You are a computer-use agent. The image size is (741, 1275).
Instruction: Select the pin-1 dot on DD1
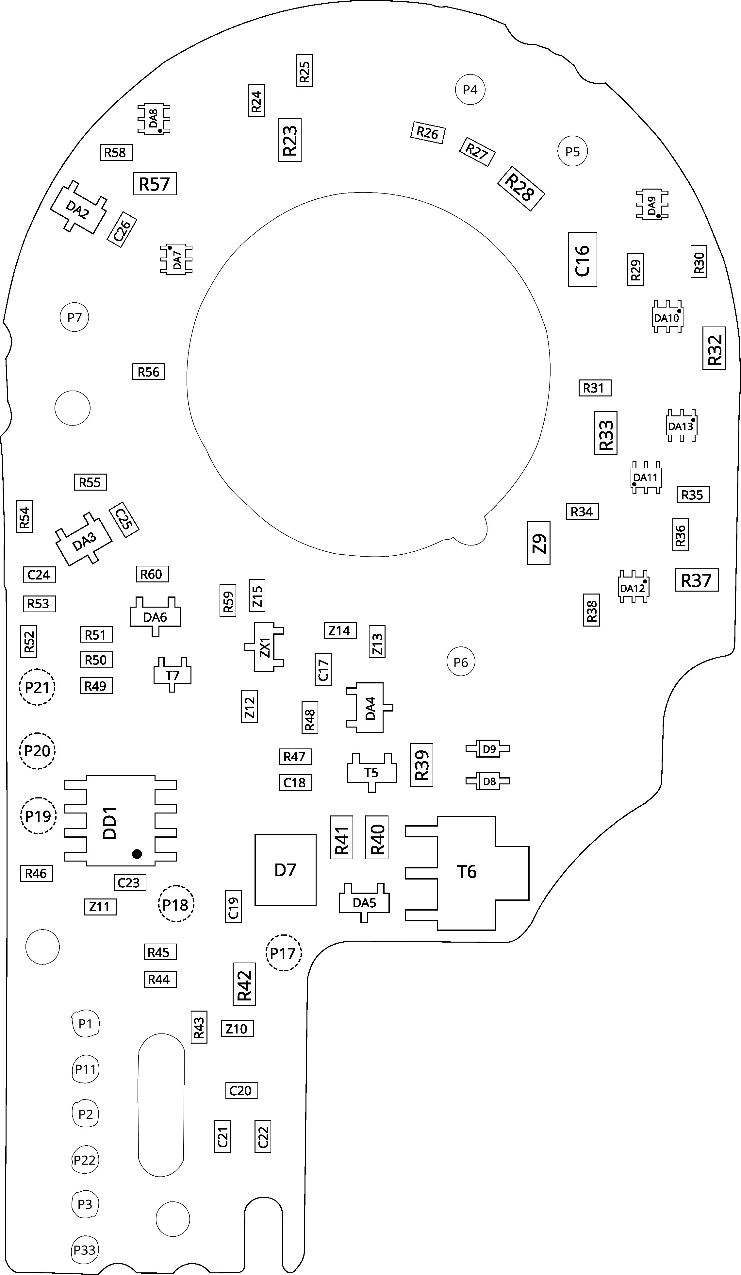click(137, 854)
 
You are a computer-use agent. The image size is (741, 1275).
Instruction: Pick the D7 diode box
click(285, 870)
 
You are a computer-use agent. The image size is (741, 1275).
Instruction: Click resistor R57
click(155, 184)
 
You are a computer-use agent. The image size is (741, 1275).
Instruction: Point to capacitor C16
click(582, 260)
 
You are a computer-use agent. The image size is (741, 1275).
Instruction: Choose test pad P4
click(470, 90)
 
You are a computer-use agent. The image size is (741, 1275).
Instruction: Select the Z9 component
click(539, 543)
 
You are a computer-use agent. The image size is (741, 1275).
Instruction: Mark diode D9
click(488, 749)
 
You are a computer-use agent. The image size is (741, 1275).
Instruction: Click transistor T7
click(173, 675)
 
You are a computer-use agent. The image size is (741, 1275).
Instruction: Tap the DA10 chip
click(667, 318)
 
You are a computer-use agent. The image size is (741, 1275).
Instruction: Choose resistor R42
click(244, 984)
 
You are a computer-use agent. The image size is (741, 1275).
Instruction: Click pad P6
click(461, 662)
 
